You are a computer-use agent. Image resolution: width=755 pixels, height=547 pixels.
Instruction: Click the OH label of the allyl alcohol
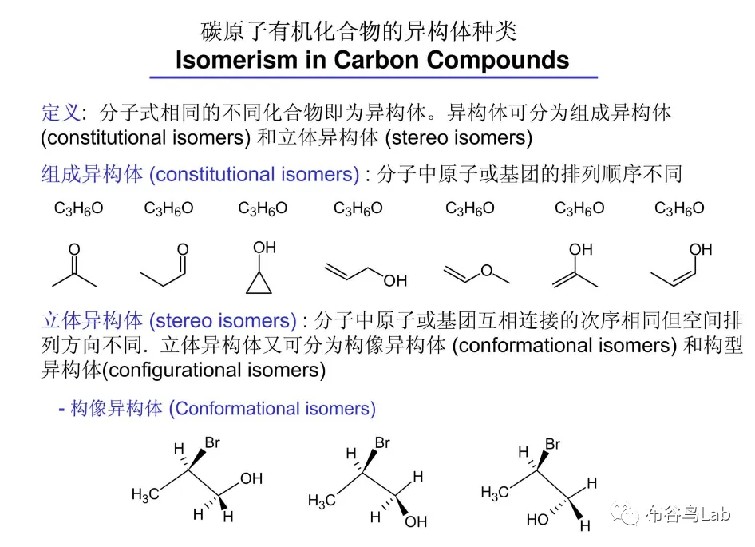tap(394, 280)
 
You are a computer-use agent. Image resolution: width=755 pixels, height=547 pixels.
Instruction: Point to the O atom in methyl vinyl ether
tap(486, 271)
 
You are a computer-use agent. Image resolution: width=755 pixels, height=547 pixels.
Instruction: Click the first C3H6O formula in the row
tap(78, 209)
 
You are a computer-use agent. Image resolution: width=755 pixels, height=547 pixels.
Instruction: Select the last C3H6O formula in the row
tap(679, 209)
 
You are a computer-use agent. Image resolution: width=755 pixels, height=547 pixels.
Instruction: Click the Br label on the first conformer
tap(213, 442)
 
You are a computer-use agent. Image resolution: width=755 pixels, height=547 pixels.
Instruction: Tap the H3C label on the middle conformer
tap(322, 501)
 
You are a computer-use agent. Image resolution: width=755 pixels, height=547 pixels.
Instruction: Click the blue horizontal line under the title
tap(374, 77)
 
